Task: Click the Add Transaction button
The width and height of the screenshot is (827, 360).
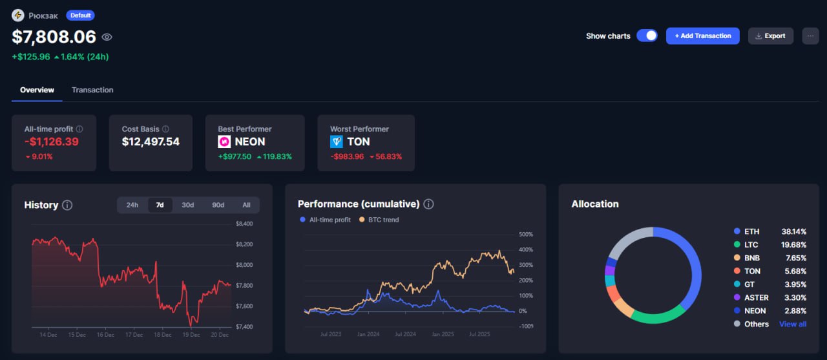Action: [702, 36]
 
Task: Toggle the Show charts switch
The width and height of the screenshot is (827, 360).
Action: [647, 36]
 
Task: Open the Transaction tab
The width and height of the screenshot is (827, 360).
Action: [92, 90]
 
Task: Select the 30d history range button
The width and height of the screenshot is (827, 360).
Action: [187, 205]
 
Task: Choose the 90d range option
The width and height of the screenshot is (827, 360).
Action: [218, 205]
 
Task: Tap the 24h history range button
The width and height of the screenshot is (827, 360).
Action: [132, 205]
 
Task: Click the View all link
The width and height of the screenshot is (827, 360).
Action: [793, 324]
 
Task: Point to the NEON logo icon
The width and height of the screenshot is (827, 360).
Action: [224, 142]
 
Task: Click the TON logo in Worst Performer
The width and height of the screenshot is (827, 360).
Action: [337, 142]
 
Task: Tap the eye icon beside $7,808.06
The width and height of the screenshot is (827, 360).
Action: [107, 37]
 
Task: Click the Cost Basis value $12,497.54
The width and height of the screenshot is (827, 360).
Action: [151, 142]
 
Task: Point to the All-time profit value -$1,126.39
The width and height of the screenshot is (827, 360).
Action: [52, 142]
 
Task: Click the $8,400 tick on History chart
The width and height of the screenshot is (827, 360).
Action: [244, 224]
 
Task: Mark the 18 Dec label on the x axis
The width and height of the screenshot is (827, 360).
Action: [163, 335]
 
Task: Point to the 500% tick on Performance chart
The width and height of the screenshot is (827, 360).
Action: [525, 234]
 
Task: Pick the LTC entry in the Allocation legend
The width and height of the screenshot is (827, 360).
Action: [751, 244]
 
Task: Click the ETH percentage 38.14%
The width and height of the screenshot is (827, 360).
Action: [794, 231]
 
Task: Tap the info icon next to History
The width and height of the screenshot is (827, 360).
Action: [67, 205]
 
